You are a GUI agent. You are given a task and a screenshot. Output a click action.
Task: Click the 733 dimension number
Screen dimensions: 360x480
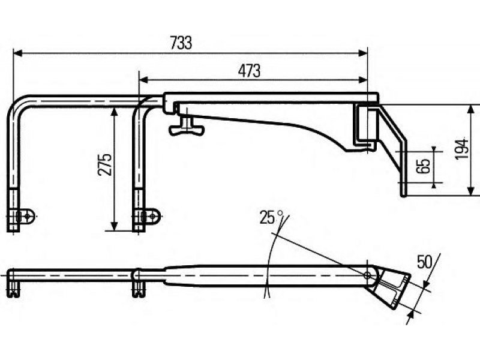181,43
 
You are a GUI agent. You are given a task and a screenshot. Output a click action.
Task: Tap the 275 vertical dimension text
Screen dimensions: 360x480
104,164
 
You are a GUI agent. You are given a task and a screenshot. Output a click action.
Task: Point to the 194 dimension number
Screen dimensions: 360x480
461,148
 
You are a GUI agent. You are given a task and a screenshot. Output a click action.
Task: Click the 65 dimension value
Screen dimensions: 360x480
423,167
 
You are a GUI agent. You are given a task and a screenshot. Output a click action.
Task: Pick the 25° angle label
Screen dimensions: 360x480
271,217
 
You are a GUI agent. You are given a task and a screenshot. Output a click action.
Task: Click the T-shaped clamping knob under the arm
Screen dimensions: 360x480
187,127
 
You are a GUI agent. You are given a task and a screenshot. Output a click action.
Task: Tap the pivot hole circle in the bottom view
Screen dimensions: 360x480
368,275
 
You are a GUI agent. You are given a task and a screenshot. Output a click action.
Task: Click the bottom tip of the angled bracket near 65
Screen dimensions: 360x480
404,193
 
